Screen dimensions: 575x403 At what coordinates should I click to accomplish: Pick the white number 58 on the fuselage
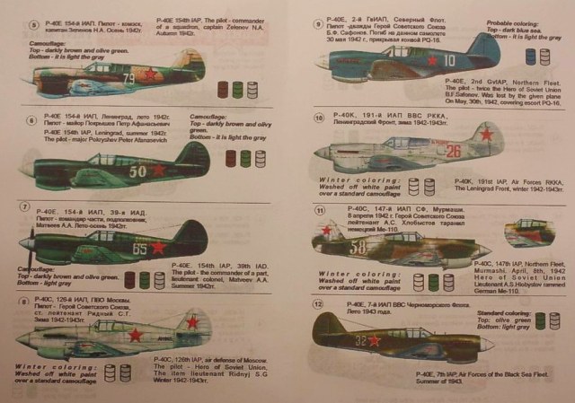click(x=357, y=245)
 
